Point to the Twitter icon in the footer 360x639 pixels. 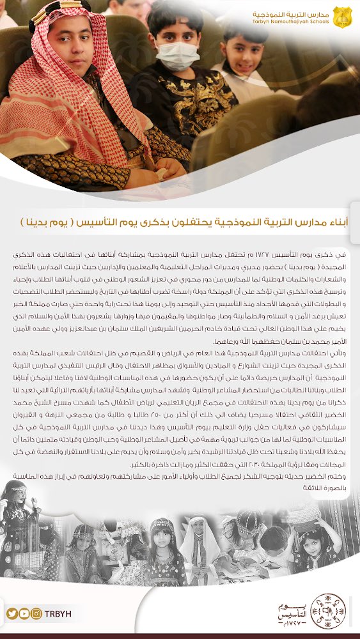click(x=12, y=613)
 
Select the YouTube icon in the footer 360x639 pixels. click(x=24, y=613)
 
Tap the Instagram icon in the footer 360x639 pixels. click(x=36, y=613)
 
